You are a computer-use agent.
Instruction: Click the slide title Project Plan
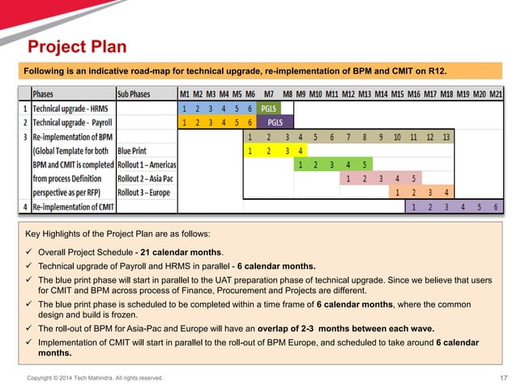click(x=78, y=45)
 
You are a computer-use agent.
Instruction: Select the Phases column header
click(x=44, y=93)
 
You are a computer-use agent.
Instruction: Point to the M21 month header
click(x=496, y=93)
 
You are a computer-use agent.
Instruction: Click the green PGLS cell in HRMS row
click(x=268, y=108)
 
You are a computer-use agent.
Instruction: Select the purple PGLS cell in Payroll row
click(x=275, y=122)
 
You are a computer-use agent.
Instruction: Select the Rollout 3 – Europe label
click(x=145, y=192)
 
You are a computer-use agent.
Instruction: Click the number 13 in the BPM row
click(x=446, y=136)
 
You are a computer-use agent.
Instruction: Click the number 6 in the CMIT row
click(x=494, y=206)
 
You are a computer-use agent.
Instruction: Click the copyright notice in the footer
click(x=96, y=378)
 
